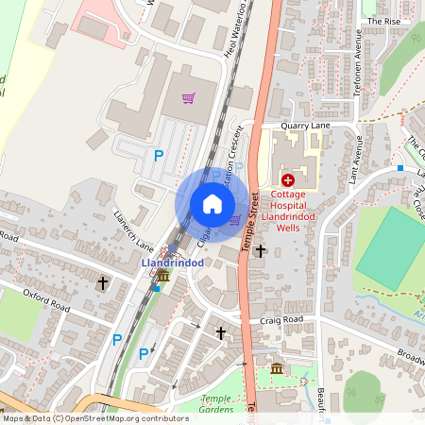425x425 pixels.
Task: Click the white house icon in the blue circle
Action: tap(212, 204)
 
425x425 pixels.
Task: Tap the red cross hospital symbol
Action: tap(287, 179)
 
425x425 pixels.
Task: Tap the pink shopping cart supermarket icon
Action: tap(188, 96)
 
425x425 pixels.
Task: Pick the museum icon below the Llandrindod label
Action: tap(163, 276)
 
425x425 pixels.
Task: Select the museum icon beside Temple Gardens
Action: tap(276, 367)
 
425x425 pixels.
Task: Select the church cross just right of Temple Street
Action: tap(261, 250)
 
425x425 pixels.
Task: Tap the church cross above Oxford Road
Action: tap(103, 282)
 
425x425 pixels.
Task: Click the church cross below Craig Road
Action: tap(221, 333)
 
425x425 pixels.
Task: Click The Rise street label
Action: tap(383, 20)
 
